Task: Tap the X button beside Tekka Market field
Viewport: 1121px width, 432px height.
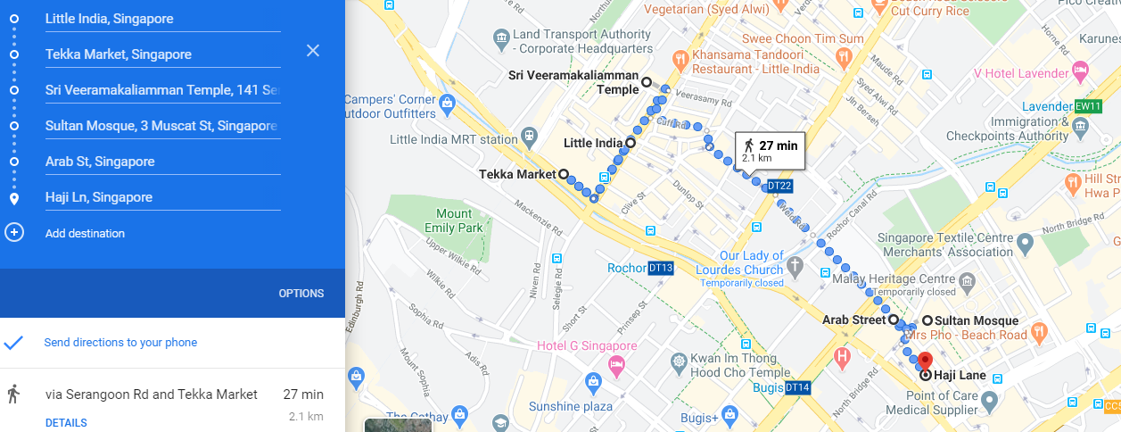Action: (313, 51)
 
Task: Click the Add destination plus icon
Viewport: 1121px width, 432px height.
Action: (14, 233)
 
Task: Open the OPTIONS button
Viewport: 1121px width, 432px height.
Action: (301, 294)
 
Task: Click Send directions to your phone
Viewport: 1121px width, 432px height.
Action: (120, 343)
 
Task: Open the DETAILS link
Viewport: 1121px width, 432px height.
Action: (66, 423)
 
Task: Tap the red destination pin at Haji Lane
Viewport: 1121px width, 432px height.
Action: (925, 361)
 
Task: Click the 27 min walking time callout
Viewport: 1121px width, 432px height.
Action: (770, 151)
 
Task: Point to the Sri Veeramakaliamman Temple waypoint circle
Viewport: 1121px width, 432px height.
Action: (647, 83)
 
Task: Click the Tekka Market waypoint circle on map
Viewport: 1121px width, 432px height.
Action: (564, 174)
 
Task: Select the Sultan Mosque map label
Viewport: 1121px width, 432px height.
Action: (976, 320)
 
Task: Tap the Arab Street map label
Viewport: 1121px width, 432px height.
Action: (853, 320)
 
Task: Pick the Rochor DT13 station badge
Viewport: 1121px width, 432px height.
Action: (661, 268)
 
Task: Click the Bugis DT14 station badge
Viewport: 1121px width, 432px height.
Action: (797, 388)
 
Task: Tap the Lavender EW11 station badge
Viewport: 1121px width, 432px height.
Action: (1089, 106)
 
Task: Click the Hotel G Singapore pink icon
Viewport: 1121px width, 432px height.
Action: (616, 364)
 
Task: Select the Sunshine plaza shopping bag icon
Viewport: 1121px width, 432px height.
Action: (593, 383)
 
